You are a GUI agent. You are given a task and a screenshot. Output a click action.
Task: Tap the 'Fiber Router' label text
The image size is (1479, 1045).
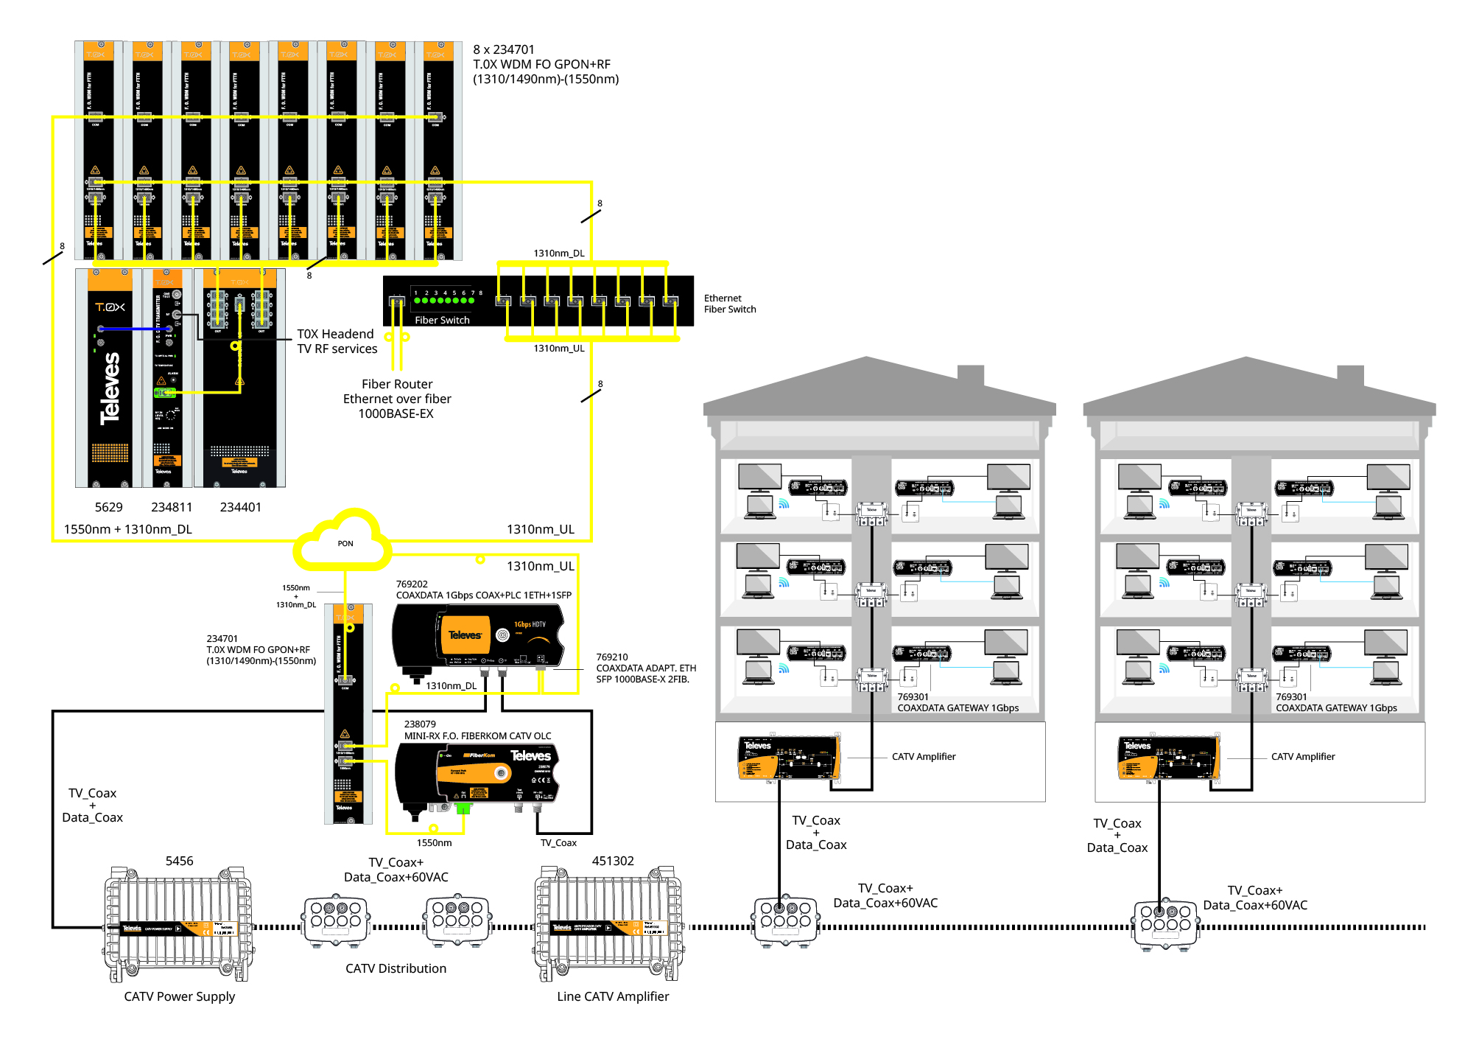tap(397, 384)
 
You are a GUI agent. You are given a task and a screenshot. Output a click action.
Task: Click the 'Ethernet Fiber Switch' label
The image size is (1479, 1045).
tap(729, 304)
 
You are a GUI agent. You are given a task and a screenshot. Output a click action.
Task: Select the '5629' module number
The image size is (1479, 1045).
tap(108, 507)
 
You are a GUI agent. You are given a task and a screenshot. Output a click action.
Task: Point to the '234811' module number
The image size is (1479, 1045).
tap(172, 507)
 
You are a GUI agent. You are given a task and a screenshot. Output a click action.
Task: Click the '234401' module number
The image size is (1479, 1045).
tap(240, 507)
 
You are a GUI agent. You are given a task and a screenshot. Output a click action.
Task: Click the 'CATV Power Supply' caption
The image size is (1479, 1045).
tap(179, 996)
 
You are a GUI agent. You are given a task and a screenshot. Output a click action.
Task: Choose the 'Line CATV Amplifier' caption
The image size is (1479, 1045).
tap(613, 996)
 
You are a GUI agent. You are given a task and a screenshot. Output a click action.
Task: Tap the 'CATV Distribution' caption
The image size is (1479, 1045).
tap(396, 968)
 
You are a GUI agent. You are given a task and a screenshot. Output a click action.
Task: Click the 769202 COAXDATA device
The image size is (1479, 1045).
tap(478, 636)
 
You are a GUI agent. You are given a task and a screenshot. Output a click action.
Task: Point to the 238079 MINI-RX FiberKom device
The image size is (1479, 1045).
tap(477, 775)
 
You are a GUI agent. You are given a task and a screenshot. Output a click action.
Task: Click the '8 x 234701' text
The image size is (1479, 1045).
tap(504, 49)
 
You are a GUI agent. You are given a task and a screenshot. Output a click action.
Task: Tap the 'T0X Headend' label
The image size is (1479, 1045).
tap(335, 334)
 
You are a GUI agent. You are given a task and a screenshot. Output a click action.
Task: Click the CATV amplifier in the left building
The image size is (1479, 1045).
tap(789, 757)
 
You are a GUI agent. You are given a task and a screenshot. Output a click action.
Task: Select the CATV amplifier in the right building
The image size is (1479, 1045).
tap(1168, 757)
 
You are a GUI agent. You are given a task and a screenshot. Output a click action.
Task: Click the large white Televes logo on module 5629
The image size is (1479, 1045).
tap(110, 388)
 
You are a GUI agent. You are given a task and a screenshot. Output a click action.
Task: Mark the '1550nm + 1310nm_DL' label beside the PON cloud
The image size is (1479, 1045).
tap(127, 529)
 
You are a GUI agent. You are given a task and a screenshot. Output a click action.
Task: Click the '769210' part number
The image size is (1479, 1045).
tap(612, 657)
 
